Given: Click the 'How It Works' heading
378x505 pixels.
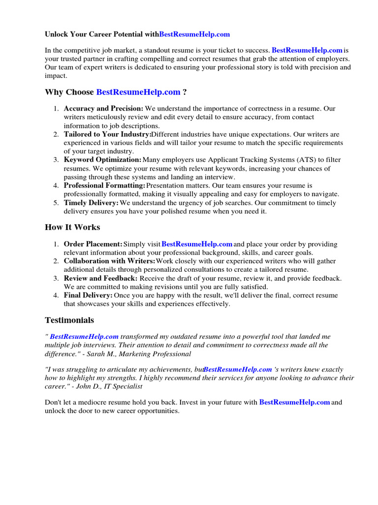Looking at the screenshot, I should coord(72,227).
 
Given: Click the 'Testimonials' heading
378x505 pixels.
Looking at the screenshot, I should coord(69,320).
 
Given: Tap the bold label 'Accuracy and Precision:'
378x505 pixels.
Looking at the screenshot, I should coord(103,108).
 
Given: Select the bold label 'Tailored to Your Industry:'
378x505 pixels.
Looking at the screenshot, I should coord(107,134).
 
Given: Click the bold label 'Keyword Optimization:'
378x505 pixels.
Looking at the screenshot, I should coord(102,160).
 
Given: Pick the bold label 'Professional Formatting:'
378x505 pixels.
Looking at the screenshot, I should coord(104,185).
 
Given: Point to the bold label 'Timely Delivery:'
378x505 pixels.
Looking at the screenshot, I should coord(91,203).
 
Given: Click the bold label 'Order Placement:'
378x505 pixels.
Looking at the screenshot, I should coord(93,244).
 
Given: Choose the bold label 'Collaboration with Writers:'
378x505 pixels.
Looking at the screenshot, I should coord(109,261).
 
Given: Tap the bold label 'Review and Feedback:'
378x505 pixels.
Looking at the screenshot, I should coord(100,278).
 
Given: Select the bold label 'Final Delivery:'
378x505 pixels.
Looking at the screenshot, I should coord(88,295).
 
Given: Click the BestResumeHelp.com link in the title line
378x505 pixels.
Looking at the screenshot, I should coord(194,35).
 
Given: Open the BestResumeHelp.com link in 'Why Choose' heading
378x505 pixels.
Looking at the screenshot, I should coord(138,92).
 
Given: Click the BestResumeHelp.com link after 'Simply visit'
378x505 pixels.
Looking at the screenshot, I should coord(197,244).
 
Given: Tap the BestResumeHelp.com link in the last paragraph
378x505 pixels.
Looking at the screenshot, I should coord(294,402).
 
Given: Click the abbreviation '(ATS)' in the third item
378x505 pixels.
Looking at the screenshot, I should coord(293,160).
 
